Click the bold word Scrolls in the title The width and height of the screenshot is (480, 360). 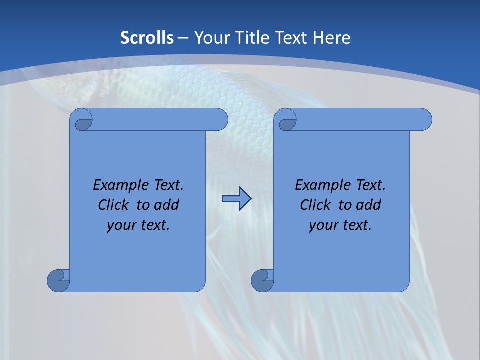pyautogui.click(x=147, y=37)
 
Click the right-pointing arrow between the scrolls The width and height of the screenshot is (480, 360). pyautogui.click(x=236, y=199)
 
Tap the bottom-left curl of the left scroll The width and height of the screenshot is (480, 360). pyautogui.click(x=58, y=280)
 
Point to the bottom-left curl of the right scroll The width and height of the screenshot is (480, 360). pyautogui.click(x=262, y=280)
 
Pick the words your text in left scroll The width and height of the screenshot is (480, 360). pyautogui.click(x=138, y=225)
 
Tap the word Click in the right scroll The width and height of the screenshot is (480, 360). pyautogui.click(x=315, y=205)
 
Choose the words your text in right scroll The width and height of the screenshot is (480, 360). pyautogui.click(x=340, y=225)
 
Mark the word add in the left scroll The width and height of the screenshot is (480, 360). pyautogui.click(x=167, y=205)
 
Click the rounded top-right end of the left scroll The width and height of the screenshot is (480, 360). pyautogui.click(x=220, y=119)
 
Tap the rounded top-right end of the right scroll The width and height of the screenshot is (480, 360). pyautogui.click(x=424, y=119)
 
